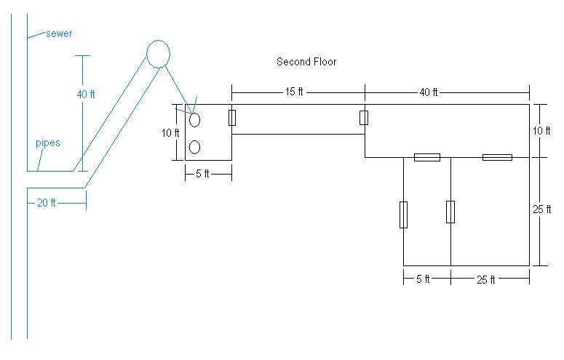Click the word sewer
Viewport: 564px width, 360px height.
[x=59, y=33]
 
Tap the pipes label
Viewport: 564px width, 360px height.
[x=47, y=143]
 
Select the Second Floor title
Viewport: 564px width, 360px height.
[x=306, y=62]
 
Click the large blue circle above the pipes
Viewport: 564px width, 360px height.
[x=158, y=53]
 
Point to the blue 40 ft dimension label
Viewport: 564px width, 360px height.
[x=86, y=93]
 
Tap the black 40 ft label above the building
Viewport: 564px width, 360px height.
[x=429, y=92]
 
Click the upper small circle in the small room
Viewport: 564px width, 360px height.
[x=195, y=120]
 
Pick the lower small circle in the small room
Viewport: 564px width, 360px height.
[x=195, y=148]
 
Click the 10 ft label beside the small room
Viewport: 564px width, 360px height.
[x=169, y=132]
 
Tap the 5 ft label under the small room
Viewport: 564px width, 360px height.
[x=202, y=174]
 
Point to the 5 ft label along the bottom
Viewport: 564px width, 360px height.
[x=422, y=279]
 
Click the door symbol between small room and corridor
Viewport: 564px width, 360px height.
[x=232, y=117]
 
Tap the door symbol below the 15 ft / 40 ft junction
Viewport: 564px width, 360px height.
[x=364, y=118]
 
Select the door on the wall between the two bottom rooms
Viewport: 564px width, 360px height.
[x=450, y=212]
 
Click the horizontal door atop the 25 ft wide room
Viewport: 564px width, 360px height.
[x=497, y=157]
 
